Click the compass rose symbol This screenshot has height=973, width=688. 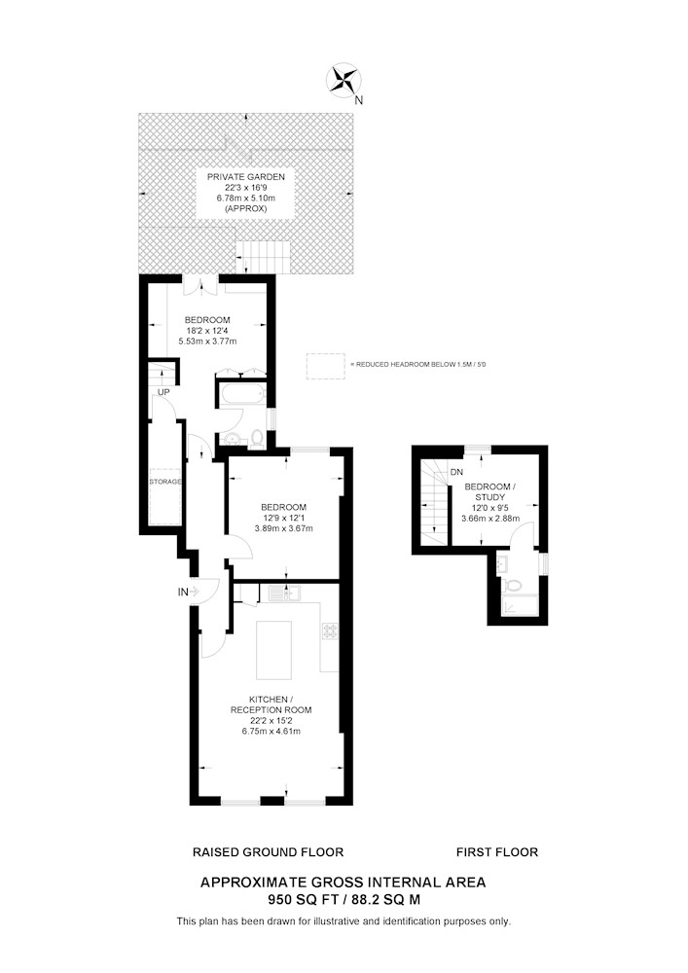344,82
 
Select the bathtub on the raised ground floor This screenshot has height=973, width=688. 242,395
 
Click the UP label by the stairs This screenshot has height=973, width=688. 163,392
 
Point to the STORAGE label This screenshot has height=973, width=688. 165,482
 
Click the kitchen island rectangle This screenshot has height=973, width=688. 273,650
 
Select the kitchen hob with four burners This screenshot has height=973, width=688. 330,631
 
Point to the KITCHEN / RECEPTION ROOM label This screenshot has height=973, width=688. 272,704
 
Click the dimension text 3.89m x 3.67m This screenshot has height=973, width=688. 283,528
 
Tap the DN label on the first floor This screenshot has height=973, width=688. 456,472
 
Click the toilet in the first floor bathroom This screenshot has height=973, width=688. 513,585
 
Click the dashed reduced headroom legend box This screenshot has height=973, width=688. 326,366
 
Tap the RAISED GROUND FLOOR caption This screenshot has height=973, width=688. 268,852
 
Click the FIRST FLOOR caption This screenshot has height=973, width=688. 497,852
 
